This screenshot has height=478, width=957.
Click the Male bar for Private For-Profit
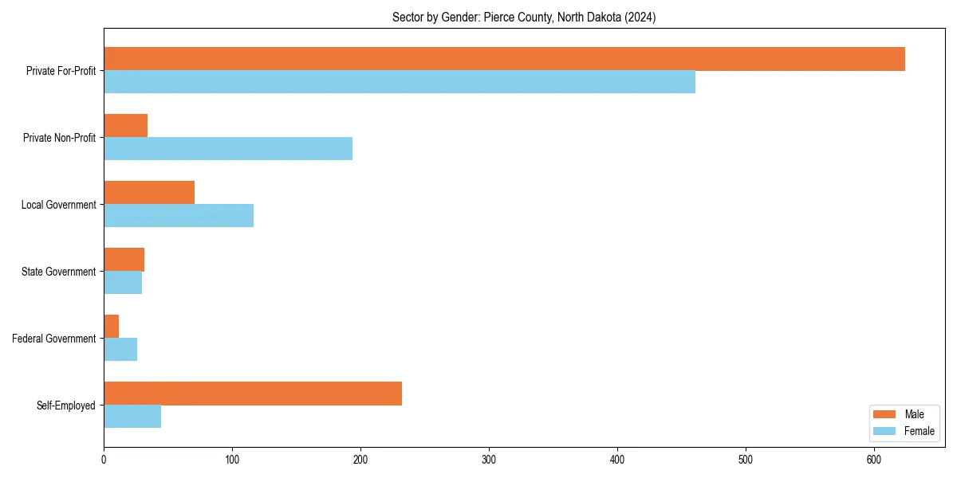504,59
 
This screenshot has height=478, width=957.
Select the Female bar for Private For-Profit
400,82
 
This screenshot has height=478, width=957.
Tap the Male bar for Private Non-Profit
125,126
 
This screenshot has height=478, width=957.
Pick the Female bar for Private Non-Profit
228,149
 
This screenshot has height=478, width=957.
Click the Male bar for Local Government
149,193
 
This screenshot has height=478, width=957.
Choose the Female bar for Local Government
179,216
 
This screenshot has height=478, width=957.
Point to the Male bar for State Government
124,260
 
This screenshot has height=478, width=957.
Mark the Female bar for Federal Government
120,350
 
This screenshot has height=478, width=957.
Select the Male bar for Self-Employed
253,394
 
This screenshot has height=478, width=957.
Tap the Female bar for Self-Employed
132,417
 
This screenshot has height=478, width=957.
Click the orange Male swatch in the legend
884,414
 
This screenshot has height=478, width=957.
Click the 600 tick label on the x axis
874,459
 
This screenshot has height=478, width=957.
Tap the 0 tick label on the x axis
104,459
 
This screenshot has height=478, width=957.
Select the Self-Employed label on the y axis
66,406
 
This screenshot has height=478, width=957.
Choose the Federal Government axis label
54,339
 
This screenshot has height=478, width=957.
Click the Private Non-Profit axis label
61,138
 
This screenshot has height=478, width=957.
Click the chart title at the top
524,18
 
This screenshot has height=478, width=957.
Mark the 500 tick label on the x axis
746,459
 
